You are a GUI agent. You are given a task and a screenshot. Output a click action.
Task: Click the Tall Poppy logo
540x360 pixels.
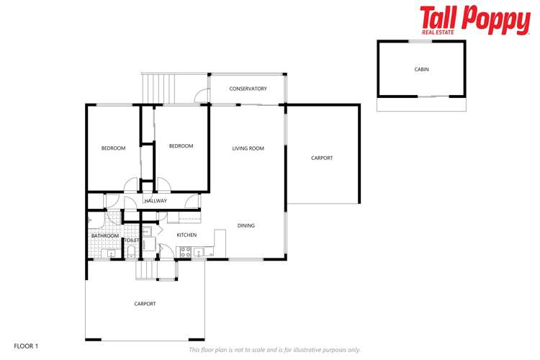474,19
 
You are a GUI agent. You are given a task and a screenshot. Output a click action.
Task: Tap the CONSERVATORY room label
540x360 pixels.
248,89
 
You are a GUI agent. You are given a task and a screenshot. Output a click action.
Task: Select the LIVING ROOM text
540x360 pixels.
248,148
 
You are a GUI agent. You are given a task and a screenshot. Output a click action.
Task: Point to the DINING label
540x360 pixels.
246,225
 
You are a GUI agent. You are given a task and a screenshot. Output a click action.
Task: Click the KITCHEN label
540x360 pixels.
186,235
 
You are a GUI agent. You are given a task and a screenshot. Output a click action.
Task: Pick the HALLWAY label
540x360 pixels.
156,201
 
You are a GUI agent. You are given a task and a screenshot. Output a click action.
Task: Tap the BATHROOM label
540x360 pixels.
105,235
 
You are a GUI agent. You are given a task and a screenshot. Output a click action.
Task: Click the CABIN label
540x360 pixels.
421,69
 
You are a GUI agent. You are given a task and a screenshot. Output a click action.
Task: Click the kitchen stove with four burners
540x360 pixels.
184,252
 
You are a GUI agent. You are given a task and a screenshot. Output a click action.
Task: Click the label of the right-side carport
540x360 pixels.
322,158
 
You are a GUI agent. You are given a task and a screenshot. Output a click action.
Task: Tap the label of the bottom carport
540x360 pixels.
145,304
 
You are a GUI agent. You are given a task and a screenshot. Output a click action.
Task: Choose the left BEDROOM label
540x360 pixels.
113,148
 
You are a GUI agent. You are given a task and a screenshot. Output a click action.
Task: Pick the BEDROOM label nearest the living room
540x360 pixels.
181,146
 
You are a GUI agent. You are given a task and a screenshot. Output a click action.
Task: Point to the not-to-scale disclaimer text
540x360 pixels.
274,350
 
